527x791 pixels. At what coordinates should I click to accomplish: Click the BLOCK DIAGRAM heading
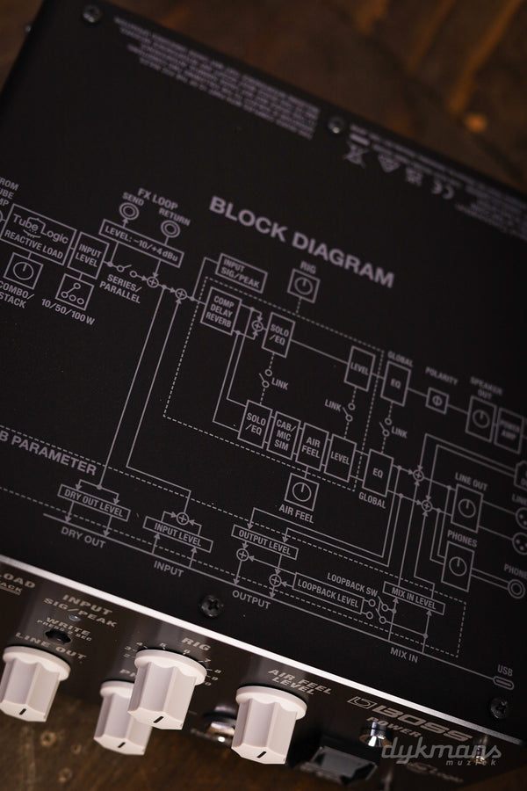pyautogui.click(x=301, y=242)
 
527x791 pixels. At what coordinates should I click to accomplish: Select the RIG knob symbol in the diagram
pyautogui.click(x=304, y=285)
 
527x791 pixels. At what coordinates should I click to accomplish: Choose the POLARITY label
pyautogui.click(x=440, y=381)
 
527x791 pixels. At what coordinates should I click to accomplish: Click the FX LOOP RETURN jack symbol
pyautogui.click(x=170, y=230)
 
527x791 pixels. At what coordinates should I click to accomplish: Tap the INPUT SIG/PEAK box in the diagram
pyautogui.click(x=241, y=272)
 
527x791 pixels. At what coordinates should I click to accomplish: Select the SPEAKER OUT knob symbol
pyautogui.click(x=480, y=418)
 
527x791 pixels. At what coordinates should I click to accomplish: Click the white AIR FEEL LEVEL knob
pyautogui.click(x=268, y=722)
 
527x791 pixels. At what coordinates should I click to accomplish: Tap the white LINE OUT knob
pyautogui.click(x=32, y=682)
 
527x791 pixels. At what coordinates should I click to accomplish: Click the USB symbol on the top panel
pyautogui.click(x=505, y=681)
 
